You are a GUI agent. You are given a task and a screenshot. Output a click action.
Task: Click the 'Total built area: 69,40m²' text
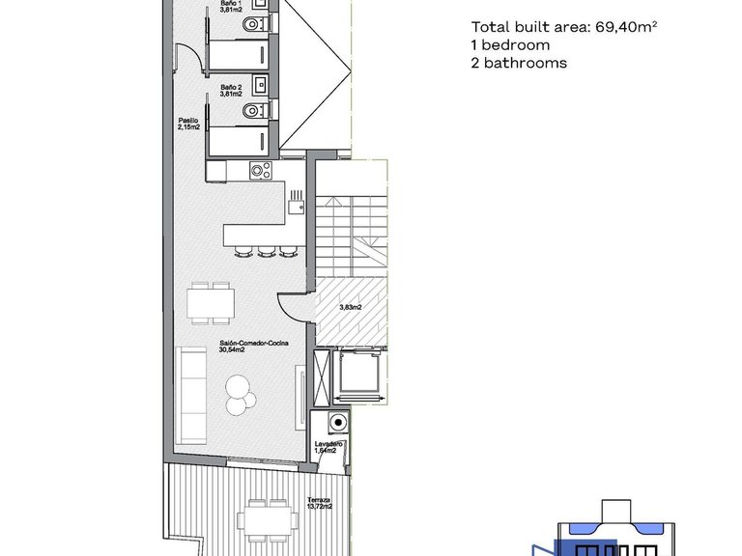pyautogui.click(x=564, y=27)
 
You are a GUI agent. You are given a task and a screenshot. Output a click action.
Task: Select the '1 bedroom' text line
pyautogui.click(x=510, y=45)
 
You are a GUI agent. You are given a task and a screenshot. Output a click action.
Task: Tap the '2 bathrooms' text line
pyautogui.click(x=519, y=64)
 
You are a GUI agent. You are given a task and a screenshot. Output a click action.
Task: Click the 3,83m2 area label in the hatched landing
pyautogui.click(x=351, y=308)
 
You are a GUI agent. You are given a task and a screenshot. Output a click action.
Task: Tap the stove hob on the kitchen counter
pyautogui.click(x=259, y=172)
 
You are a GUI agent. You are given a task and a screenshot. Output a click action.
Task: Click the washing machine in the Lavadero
pyautogui.click(x=336, y=422)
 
